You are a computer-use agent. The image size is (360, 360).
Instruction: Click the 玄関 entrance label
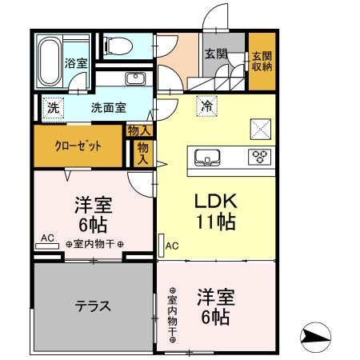(x=215, y=54)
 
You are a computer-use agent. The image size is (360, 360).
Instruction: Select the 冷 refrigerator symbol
(x=207, y=104)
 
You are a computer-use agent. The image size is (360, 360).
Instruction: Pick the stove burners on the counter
(x=260, y=156)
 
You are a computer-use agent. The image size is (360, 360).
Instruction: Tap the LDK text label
(x=215, y=201)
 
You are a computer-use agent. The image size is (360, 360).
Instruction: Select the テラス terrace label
(x=93, y=306)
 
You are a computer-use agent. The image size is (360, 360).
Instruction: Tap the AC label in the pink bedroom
(x=47, y=238)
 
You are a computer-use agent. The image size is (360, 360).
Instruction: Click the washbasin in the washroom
(x=134, y=78)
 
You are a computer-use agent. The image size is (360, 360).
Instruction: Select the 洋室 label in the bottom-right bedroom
(x=217, y=297)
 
